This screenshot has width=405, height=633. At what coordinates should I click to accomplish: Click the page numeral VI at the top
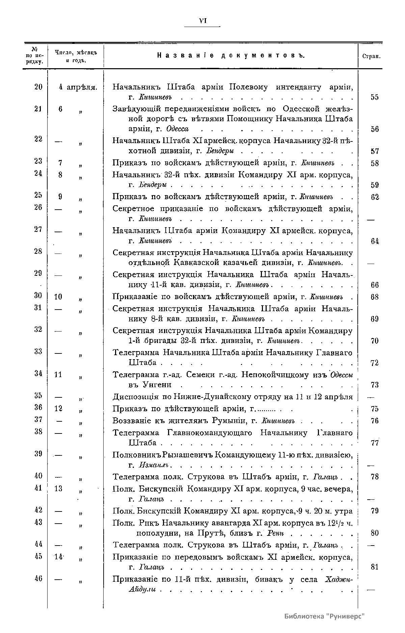pyautogui.click(x=202, y=21)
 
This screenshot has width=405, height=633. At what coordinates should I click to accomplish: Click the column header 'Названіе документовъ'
pyautogui.click(x=231, y=56)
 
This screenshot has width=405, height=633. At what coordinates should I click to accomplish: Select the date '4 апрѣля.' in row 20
pyautogui.click(x=78, y=87)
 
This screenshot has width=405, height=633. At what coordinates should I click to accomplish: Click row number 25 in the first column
pyautogui.click(x=38, y=195)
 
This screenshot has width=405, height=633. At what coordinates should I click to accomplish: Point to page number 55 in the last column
pyautogui.click(x=374, y=97)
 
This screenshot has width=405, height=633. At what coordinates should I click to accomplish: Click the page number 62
pyautogui.click(x=375, y=197)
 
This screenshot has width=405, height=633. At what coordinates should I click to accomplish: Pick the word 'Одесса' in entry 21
pyautogui.click(x=177, y=129)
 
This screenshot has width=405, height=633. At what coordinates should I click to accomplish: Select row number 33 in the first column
pyautogui.click(x=38, y=351)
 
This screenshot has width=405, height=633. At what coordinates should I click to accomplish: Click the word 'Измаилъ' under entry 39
pyautogui.click(x=154, y=466)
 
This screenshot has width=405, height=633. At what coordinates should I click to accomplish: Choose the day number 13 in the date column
pyautogui.click(x=58, y=489)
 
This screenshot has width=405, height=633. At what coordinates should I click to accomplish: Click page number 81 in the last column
pyautogui.click(x=374, y=567)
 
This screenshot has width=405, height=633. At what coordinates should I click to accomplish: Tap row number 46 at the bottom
pyautogui.click(x=38, y=578)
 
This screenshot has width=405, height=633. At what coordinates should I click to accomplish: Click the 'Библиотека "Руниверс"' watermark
pyautogui.click(x=325, y=615)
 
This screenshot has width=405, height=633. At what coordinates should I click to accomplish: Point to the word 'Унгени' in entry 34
pyautogui.click(x=157, y=385)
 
